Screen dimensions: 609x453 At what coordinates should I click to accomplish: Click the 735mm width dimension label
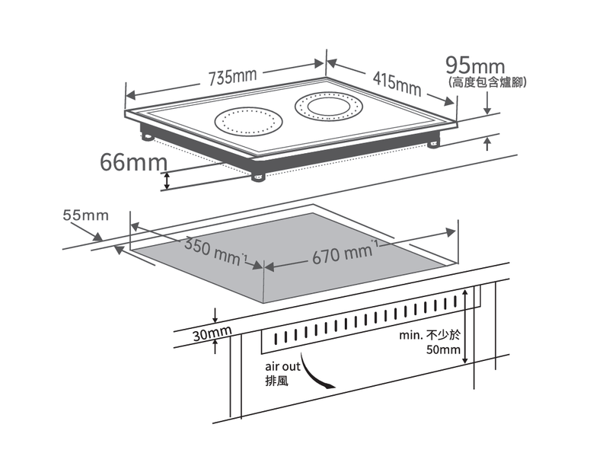233,78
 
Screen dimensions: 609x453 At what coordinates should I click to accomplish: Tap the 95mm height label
475,65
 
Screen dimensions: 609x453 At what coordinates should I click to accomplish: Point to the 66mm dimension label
134,161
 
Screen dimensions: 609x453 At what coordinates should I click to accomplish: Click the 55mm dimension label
86,215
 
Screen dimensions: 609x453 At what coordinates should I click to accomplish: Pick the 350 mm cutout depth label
215,251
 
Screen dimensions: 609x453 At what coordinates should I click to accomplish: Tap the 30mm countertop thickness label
212,333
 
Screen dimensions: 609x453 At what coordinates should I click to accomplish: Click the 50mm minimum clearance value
443,349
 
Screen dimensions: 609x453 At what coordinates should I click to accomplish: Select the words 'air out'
282,366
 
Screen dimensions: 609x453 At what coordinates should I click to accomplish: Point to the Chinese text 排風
277,381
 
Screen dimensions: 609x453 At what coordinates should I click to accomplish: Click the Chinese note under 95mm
487,82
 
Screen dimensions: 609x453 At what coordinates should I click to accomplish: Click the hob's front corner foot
258,177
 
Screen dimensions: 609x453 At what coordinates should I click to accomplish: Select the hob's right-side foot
433,145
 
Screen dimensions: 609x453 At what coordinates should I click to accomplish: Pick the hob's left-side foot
147,136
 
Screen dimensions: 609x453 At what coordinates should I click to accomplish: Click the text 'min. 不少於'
429,335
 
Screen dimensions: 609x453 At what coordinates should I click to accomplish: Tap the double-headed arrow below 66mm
167,181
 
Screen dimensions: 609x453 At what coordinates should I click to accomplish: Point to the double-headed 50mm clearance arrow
465,327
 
